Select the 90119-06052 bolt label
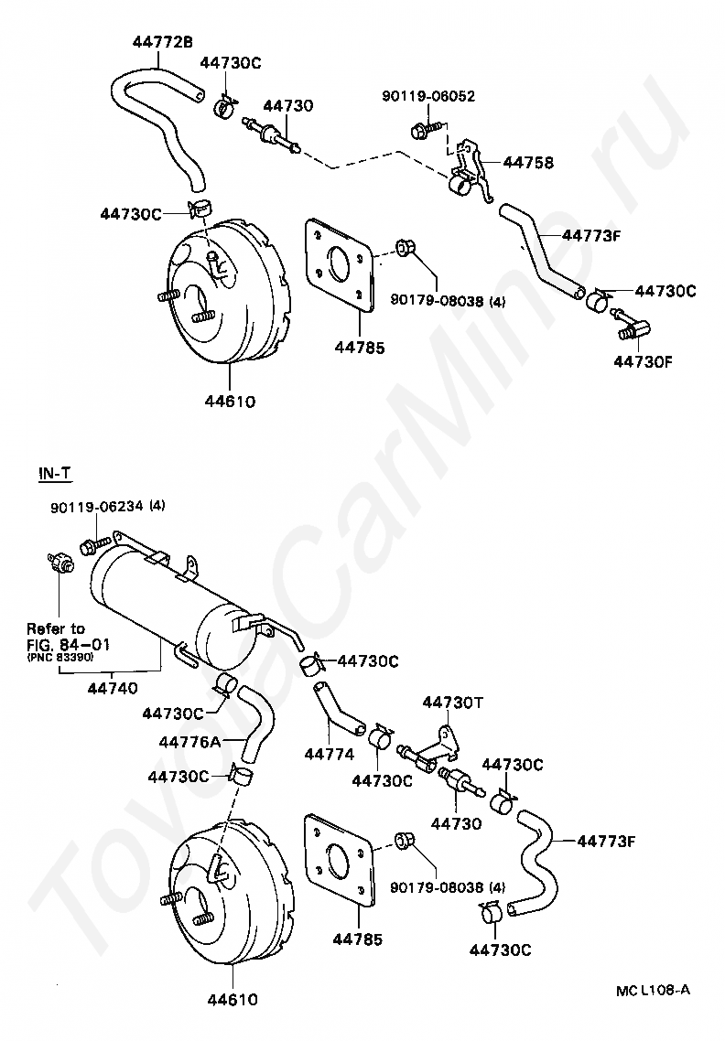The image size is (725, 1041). click(x=428, y=96)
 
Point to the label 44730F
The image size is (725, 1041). click(x=644, y=360)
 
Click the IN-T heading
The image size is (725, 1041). click(x=54, y=473)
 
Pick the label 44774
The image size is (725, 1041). click(x=329, y=755)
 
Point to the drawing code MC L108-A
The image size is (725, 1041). click(x=653, y=991)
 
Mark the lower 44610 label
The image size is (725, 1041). click(x=231, y=1000)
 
